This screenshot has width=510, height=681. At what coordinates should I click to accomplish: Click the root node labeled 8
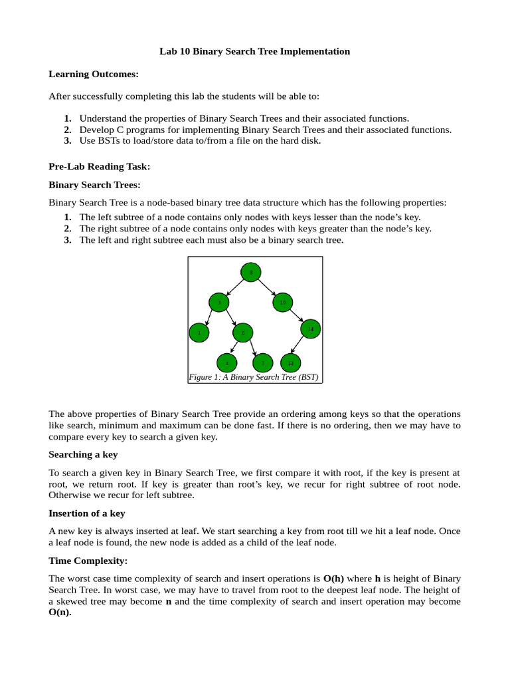click(x=250, y=272)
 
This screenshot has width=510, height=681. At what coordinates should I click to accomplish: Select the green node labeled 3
click(x=219, y=303)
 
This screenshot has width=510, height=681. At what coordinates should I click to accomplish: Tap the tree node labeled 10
click(x=282, y=303)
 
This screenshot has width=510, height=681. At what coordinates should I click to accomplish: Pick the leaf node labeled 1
click(x=199, y=333)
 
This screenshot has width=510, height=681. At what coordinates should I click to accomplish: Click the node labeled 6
click(x=243, y=333)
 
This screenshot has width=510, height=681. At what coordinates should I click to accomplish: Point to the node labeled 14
click(x=310, y=329)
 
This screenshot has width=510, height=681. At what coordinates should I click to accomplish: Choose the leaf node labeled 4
click(x=227, y=363)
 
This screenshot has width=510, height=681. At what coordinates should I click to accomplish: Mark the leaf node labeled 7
click(x=263, y=363)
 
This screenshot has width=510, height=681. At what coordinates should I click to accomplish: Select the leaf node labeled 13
click(x=290, y=363)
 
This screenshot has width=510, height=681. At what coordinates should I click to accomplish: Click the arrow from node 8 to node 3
click(x=235, y=287)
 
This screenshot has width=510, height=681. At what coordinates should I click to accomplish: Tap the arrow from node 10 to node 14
click(x=296, y=316)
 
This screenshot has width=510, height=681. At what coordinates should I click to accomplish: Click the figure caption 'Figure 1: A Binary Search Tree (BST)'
click(x=254, y=377)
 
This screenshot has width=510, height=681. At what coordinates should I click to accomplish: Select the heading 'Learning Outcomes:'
click(x=94, y=74)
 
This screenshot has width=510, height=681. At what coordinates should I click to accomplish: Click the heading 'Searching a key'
click(x=83, y=454)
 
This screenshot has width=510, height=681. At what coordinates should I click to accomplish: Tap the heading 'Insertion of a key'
click(x=87, y=513)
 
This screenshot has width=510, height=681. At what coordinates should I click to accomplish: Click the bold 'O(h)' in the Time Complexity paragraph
click(x=333, y=578)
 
